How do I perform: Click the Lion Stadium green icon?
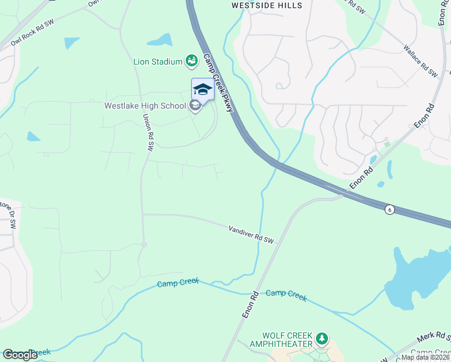tap(192, 60)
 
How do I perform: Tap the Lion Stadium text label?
tap(157, 61)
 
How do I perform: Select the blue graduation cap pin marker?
tap(203, 90)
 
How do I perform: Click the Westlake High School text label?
tap(145, 106)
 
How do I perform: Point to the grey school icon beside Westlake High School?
tap(195, 106)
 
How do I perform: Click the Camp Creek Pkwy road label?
tap(218, 82)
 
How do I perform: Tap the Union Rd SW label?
tap(148, 132)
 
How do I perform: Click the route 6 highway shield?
tap(390, 209)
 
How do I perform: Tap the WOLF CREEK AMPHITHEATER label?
tap(287, 340)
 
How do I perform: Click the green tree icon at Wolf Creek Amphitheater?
tap(323, 337)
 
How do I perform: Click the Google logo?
tap(20, 355)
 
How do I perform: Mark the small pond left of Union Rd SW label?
tap(33, 137)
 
